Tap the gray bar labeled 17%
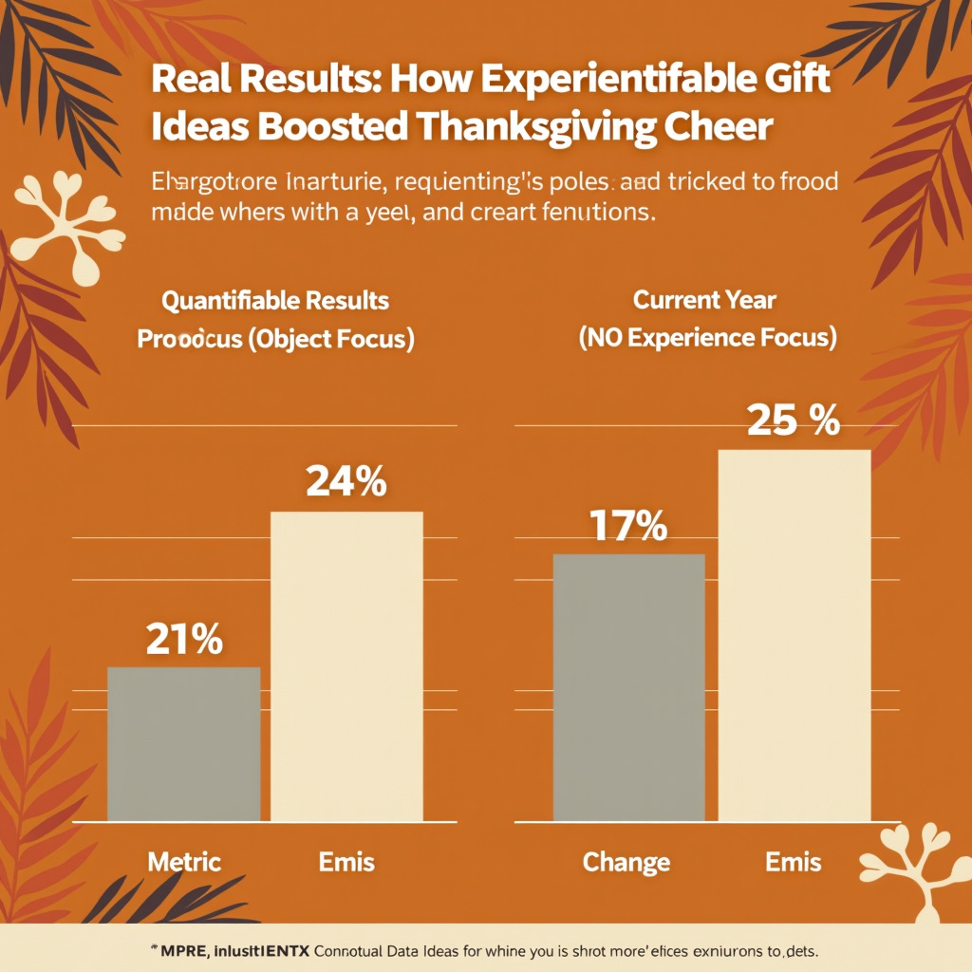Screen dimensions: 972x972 628,687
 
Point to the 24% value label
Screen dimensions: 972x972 346,483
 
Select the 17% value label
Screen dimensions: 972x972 627,526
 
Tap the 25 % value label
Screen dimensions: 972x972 794,421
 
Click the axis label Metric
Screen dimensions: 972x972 184,862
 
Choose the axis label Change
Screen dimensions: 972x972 626,862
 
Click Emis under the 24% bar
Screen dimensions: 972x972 346,862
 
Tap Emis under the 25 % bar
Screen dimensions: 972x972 794,862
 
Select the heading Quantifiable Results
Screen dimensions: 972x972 275,301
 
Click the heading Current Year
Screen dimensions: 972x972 704,301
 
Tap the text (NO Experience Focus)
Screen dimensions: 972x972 707,340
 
